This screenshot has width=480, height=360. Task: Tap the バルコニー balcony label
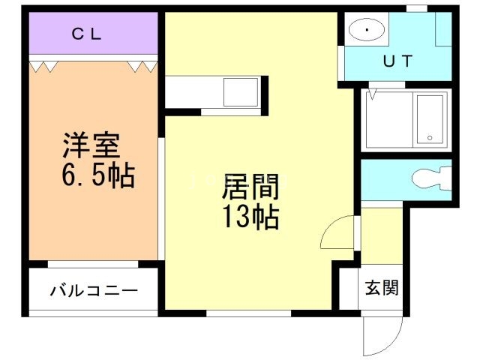[94, 290]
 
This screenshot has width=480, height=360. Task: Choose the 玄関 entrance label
[382, 286]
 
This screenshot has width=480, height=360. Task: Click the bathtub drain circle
[430, 137]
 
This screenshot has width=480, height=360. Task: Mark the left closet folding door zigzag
[43, 67]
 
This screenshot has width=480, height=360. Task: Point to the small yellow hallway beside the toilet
[381, 232]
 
